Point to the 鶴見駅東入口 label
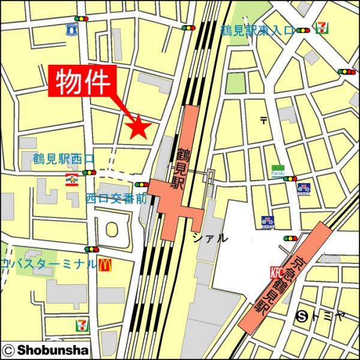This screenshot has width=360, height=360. click(257, 31)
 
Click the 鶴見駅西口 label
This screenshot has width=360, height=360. click(64, 160)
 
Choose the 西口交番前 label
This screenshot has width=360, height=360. click(116, 198)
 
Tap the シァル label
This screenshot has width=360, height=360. click(210, 238)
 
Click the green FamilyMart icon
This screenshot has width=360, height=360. click(277, 169)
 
